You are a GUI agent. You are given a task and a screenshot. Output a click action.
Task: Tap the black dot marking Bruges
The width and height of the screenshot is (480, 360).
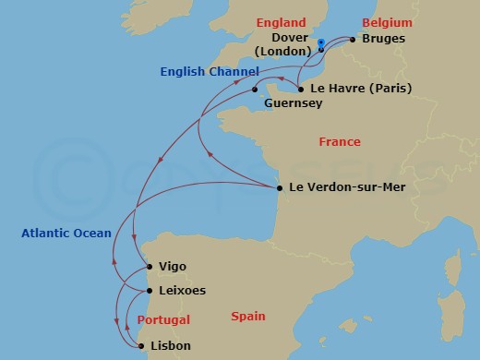tap(353, 40)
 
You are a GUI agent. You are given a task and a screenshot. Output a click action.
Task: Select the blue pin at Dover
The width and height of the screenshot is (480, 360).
tap(320, 43)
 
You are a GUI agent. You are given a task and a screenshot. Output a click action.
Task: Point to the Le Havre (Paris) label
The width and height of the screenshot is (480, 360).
tap(361, 90)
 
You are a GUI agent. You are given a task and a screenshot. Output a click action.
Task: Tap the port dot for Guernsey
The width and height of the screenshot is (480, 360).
tap(255, 90)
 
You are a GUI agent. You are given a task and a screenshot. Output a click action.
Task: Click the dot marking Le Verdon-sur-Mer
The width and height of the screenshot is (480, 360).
tap(280, 188)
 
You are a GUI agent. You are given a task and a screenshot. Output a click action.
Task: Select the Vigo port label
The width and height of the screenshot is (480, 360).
tap(172, 267)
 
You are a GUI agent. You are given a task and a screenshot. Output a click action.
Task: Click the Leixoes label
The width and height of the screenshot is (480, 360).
tap(182, 291)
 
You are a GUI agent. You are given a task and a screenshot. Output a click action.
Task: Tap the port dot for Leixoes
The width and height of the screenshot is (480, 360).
tap(147, 291)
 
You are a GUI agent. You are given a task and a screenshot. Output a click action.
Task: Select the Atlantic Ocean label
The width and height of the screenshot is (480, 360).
tap(66, 234)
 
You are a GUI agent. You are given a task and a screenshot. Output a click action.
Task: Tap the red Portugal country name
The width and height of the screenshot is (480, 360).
tap(163, 319)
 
